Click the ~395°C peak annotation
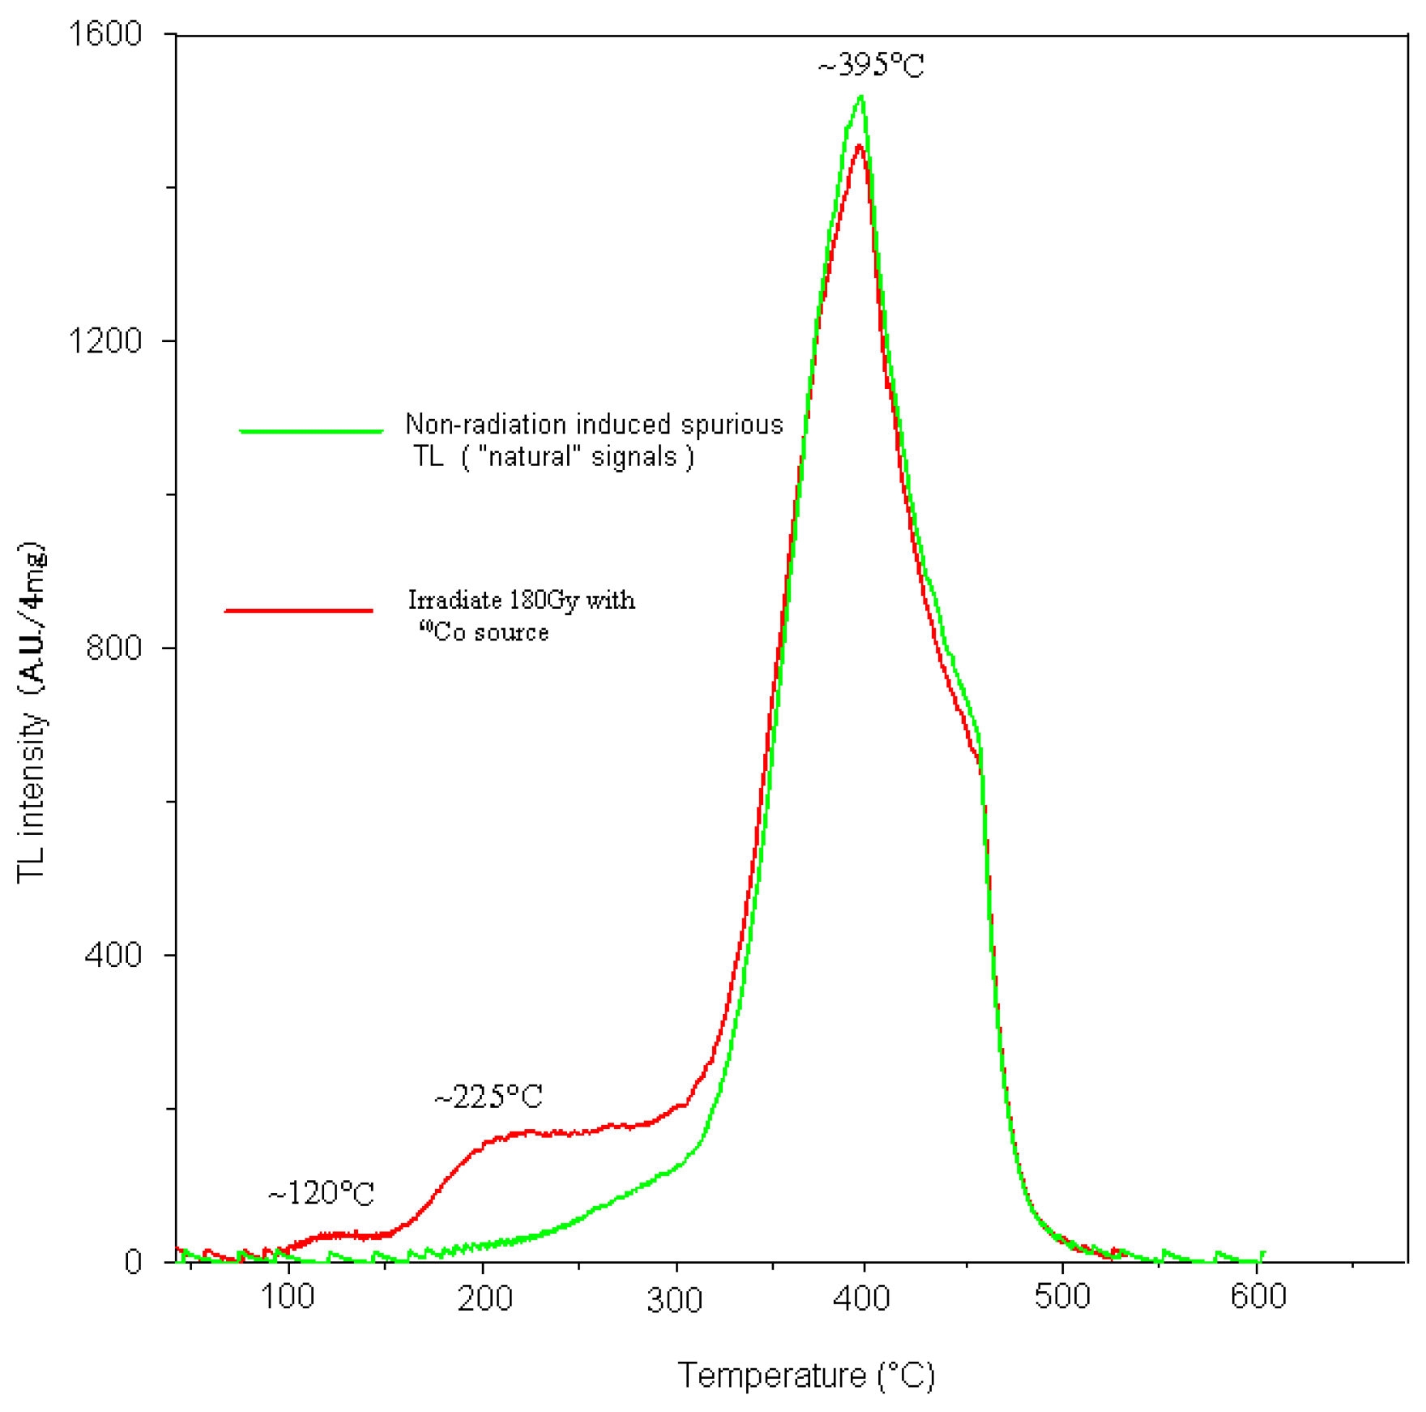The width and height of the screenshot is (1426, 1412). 871,65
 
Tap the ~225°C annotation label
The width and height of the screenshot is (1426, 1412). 489,1098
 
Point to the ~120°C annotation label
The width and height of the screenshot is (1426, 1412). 321,1194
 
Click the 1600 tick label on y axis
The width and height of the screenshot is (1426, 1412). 105,34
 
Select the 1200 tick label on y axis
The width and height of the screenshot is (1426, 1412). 105,340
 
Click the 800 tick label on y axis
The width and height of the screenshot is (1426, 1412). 113,648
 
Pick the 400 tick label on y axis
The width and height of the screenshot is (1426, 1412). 113,954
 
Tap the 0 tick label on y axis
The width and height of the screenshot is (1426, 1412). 133,1262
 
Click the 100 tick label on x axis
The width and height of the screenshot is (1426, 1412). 288,1298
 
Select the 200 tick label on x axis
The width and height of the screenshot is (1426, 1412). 485,1298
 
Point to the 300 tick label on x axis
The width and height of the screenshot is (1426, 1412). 675,1299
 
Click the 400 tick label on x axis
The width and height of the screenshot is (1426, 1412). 861,1298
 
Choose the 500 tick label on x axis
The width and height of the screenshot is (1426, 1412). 1062,1296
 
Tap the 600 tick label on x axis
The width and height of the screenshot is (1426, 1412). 1257,1296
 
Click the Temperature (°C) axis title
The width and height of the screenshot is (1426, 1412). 806,1376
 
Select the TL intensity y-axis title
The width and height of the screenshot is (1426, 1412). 32,712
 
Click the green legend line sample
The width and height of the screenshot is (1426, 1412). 311,431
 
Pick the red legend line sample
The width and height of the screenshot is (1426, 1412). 299,610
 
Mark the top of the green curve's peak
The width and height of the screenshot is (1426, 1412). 861,97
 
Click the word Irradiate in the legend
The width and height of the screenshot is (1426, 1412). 455,601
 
